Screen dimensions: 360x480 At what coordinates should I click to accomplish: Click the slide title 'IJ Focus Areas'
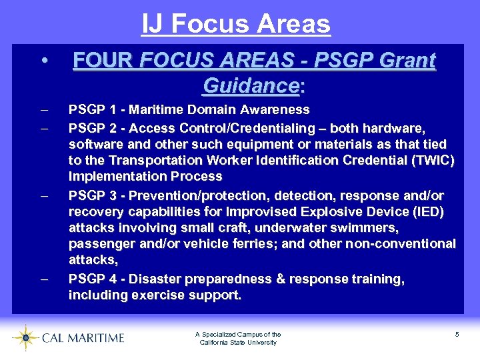point(235,24)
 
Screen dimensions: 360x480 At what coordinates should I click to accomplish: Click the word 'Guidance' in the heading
point(251,85)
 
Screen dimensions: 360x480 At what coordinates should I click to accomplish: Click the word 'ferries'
point(246,243)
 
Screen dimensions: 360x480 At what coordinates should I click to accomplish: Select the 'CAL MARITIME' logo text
point(83,338)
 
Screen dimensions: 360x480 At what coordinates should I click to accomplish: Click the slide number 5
point(457,334)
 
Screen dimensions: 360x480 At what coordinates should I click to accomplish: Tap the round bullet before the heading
point(43,61)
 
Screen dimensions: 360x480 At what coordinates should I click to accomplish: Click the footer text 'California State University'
point(238,343)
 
